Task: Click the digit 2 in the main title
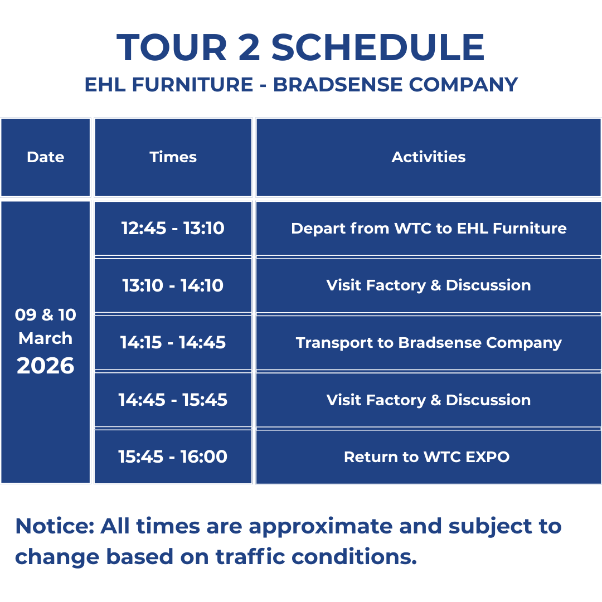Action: click(x=249, y=47)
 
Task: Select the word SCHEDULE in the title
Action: click(x=378, y=47)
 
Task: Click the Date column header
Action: click(x=46, y=157)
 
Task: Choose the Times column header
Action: click(x=173, y=157)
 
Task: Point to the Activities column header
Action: click(x=429, y=157)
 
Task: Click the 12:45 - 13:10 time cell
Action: click(x=173, y=228)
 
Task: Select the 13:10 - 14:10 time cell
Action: click(x=173, y=285)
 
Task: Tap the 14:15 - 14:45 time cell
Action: click(x=173, y=342)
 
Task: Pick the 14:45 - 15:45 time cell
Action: click(x=173, y=400)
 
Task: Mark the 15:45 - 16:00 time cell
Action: click(x=173, y=457)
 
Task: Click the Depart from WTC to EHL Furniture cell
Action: click(x=429, y=228)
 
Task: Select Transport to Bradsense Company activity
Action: click(x=429, y=342)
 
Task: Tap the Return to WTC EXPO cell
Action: click(x=429, y=457)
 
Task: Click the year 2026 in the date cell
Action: click(x=45, y=366)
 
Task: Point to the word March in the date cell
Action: click(x=45, y=338)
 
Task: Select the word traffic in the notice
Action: click(x=250, y=556)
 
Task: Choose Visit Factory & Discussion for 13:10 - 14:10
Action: click(x=429, y=285)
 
